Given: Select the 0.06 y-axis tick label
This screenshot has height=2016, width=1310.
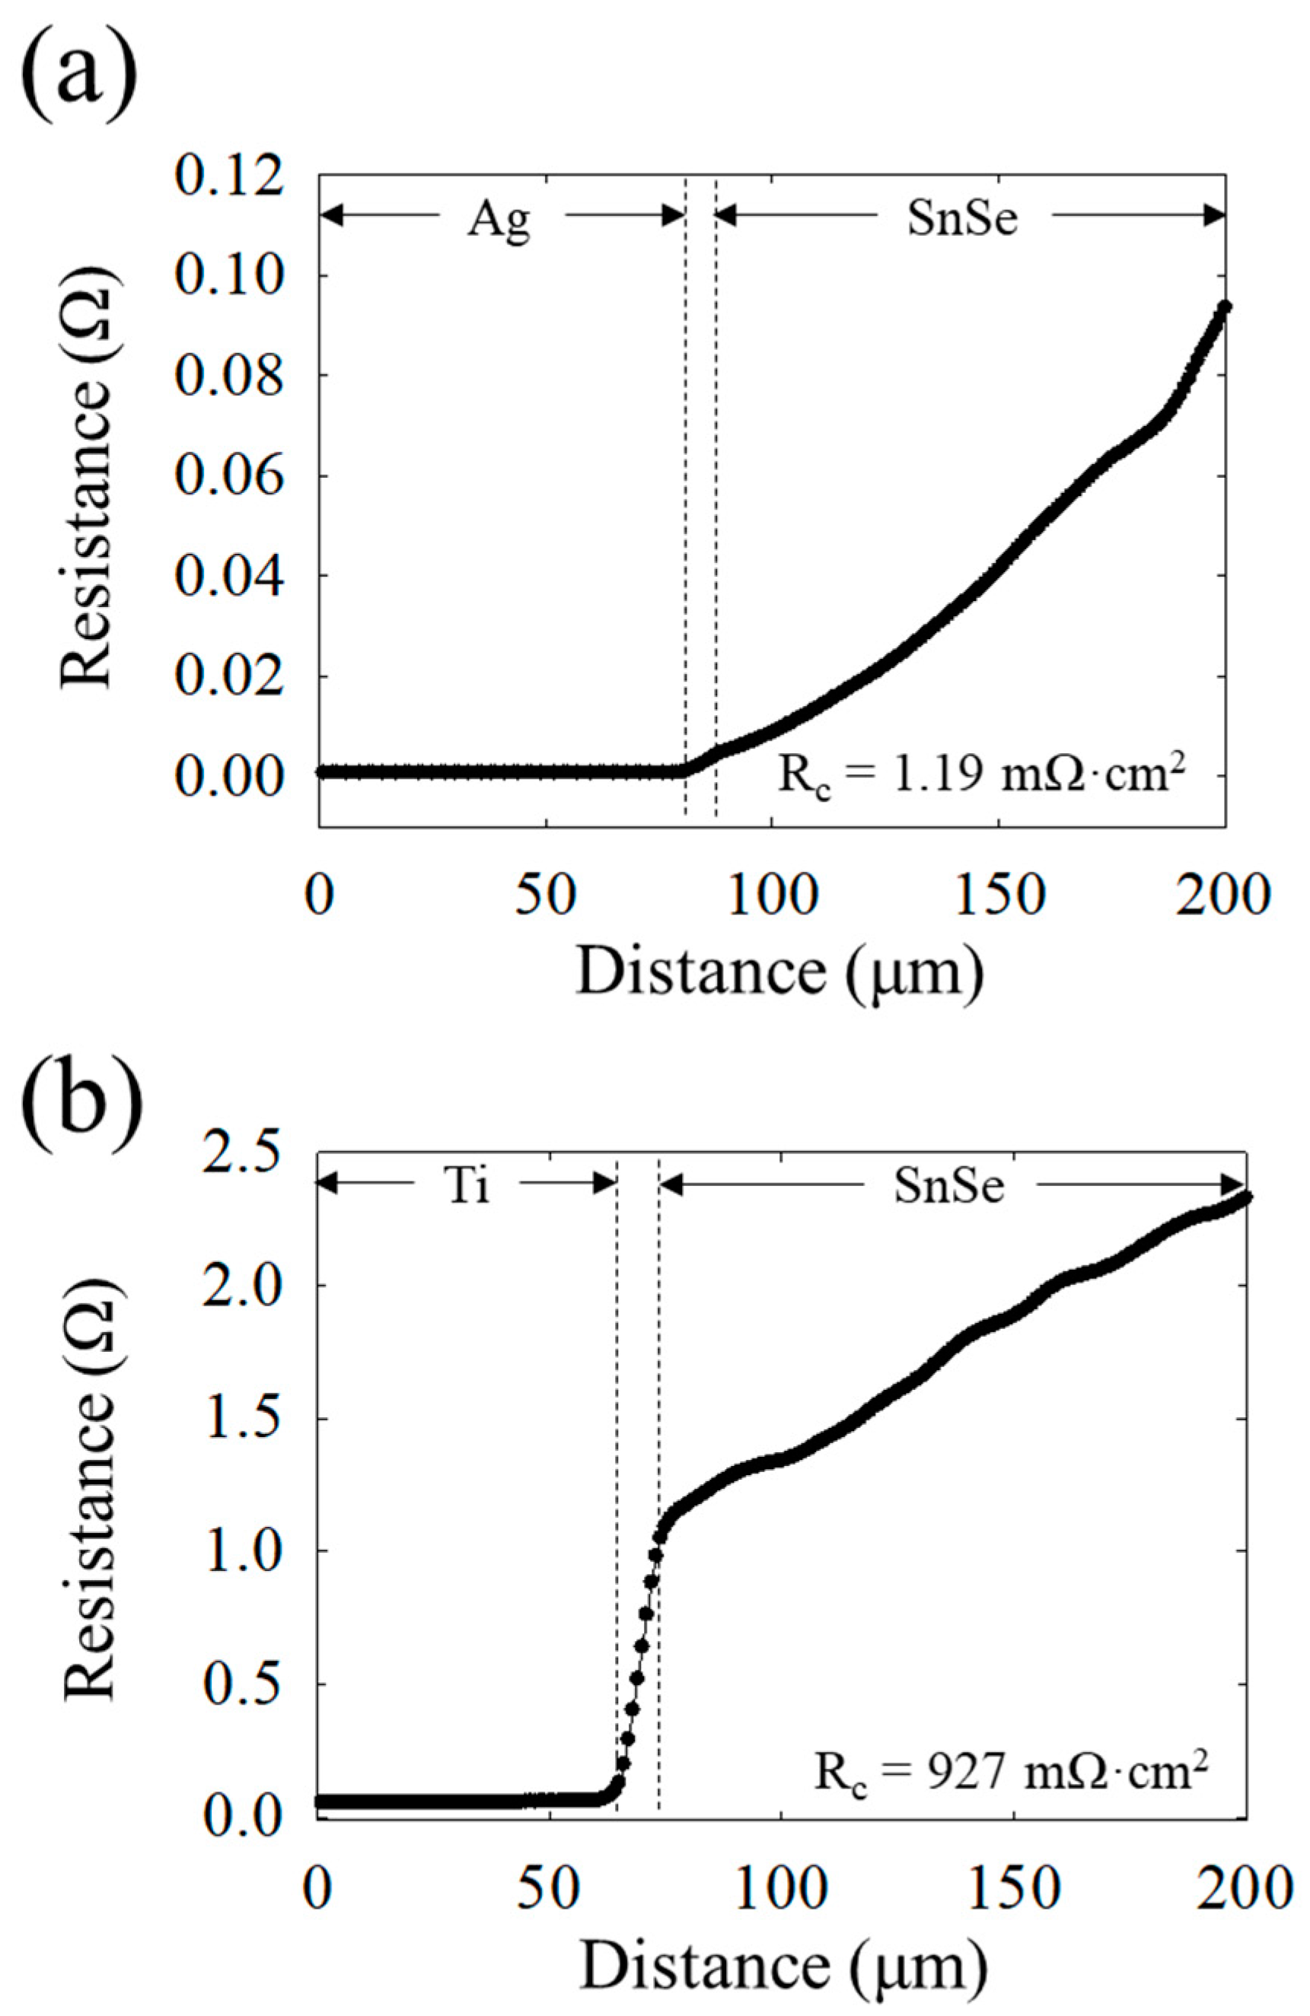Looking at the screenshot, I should pyautogui.click(x=227, y=476).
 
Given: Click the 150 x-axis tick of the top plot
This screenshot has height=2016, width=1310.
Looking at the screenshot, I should pyautogui.click(x=1000, y=896).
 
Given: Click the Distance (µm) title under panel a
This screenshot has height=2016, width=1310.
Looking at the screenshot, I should pyautogui.click(x=779, y=972).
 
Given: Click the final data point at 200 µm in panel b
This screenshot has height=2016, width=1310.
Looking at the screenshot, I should pyautogui.click(x=1245, y=1197).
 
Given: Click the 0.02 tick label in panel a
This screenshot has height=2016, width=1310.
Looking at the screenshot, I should pyautogui.click(x=227, y=676).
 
